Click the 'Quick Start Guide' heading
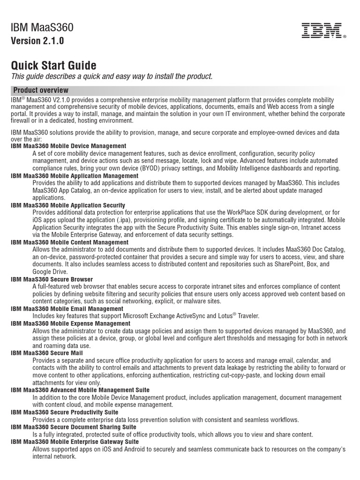53,65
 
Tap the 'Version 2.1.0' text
37,41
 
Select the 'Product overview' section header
41,90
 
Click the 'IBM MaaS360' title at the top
42,28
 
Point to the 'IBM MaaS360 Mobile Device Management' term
68,146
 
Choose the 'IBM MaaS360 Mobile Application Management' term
75,176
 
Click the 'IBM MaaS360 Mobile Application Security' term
68,205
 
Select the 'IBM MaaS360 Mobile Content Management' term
69,242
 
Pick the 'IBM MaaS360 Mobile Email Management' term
67,309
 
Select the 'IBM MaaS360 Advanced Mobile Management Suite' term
80,390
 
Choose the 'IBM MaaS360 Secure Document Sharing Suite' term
74,427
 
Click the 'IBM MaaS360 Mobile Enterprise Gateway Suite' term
75,442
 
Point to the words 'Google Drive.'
50,272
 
